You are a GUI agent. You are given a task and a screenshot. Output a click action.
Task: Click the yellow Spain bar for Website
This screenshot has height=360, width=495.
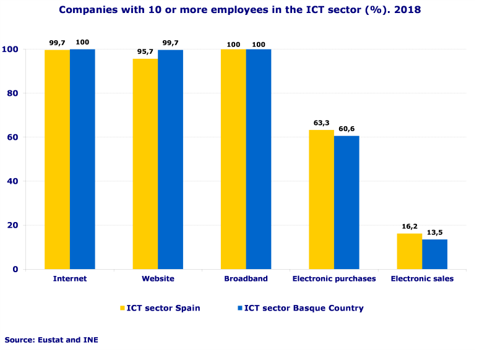pos(145,164)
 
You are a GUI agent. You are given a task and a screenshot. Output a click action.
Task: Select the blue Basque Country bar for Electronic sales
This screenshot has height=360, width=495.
pos(434,254)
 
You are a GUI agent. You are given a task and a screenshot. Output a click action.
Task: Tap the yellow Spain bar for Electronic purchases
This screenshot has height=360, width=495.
pos(322,199)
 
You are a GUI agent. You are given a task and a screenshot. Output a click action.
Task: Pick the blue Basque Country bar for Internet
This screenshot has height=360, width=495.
pos(82,159)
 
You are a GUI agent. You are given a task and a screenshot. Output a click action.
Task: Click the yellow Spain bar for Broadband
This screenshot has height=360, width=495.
pos(233,159)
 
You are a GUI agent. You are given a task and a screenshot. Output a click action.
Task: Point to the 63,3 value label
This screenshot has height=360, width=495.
pos(317,122)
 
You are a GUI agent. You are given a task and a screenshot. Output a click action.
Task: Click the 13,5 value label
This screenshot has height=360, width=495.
pos(436,233)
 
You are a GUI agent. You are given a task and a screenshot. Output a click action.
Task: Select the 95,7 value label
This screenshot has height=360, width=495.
pos(144,52)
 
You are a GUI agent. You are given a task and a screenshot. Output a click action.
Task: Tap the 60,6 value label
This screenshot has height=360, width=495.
pos(346,129)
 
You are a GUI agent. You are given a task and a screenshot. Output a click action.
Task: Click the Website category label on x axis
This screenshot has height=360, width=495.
pos(158,279)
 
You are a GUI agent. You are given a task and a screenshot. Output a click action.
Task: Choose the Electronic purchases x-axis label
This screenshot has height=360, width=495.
pos(334,279)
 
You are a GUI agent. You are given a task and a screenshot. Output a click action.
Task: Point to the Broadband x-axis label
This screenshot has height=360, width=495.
pos(246,279)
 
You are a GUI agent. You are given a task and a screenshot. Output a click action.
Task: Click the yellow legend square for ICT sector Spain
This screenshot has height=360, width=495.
pos(123,308)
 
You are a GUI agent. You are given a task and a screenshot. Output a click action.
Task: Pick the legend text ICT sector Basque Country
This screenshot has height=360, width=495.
pos(304,308)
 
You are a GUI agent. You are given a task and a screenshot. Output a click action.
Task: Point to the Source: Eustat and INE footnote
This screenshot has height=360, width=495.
pos(51,340)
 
